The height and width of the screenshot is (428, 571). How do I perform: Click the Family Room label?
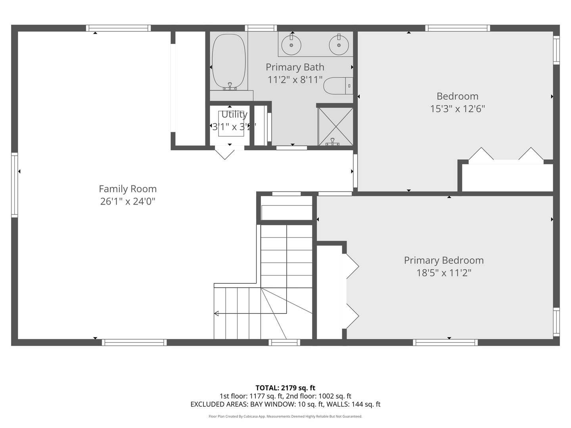127,189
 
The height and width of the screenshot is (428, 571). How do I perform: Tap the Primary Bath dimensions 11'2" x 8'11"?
295,80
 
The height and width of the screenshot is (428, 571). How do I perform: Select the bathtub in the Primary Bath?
229,62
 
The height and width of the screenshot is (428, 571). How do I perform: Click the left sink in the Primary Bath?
291,44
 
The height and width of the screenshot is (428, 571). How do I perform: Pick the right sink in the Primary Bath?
339,44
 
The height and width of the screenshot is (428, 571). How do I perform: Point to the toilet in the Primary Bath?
337,86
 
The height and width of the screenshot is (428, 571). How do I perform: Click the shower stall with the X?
335,126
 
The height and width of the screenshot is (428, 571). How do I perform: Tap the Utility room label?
234,115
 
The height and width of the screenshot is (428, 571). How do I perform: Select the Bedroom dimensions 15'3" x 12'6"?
457,109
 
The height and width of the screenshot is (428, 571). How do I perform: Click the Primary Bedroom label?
444,260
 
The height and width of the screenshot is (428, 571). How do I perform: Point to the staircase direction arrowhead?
217,313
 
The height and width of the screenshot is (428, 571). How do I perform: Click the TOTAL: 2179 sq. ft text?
285,388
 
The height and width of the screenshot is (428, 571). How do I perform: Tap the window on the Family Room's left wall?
15,185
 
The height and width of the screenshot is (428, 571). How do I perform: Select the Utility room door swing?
225,153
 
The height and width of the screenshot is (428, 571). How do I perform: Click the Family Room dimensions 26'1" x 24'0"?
127,201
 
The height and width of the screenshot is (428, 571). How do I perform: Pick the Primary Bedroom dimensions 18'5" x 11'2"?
444,273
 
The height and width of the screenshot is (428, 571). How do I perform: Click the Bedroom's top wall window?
457,28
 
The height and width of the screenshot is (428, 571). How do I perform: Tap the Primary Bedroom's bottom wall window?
445,342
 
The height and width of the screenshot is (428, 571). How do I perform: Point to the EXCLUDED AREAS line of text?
285,404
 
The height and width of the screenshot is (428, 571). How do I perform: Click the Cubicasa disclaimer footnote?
285,417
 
